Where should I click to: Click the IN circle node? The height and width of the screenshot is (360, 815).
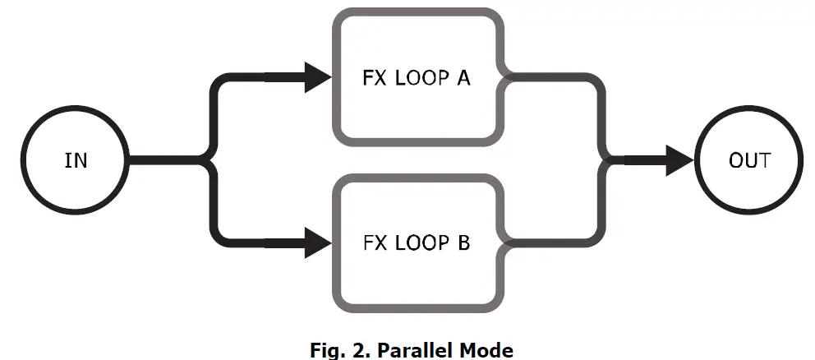(76, 160)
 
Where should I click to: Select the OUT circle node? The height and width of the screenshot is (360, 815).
(748, 160)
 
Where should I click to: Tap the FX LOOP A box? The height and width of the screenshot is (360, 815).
(417, 78)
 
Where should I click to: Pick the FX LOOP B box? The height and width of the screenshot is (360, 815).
(417, 242)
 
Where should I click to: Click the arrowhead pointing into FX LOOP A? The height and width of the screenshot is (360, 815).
(316, 78)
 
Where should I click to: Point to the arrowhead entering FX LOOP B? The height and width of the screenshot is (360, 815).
(316, 242)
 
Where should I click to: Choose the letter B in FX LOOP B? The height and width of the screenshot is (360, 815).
(463, 243)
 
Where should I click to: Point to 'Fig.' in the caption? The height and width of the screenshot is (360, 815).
(321, 350)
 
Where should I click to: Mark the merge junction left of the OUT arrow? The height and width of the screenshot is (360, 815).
(609, 160)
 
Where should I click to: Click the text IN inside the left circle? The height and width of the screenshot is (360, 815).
(76, 160)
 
